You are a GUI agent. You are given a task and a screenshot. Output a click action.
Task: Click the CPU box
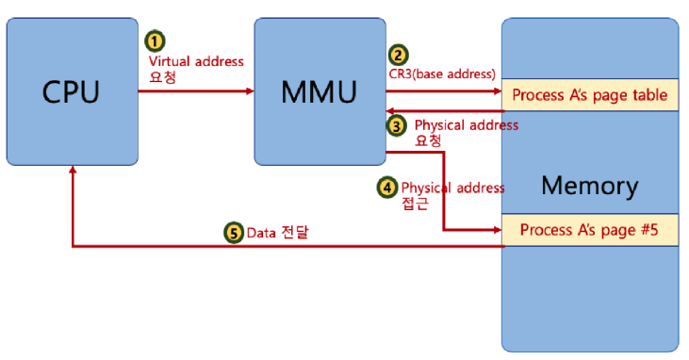[x=72, y=91]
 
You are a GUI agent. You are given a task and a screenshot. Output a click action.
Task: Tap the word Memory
[x=589, y=185]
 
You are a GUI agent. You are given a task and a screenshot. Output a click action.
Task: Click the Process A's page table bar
[x=589, y=95]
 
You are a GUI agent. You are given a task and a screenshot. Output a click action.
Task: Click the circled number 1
[x=155, y=41]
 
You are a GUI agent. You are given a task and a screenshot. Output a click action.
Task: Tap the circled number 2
[x=400, y=55]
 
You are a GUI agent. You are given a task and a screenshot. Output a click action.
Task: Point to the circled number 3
[x=398, y=124]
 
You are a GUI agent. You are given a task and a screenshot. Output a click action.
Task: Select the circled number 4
[x=386, y=188]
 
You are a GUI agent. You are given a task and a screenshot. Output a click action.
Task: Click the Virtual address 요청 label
[x=196, y=69]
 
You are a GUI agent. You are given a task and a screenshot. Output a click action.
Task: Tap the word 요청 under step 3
[x=429, y=139]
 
